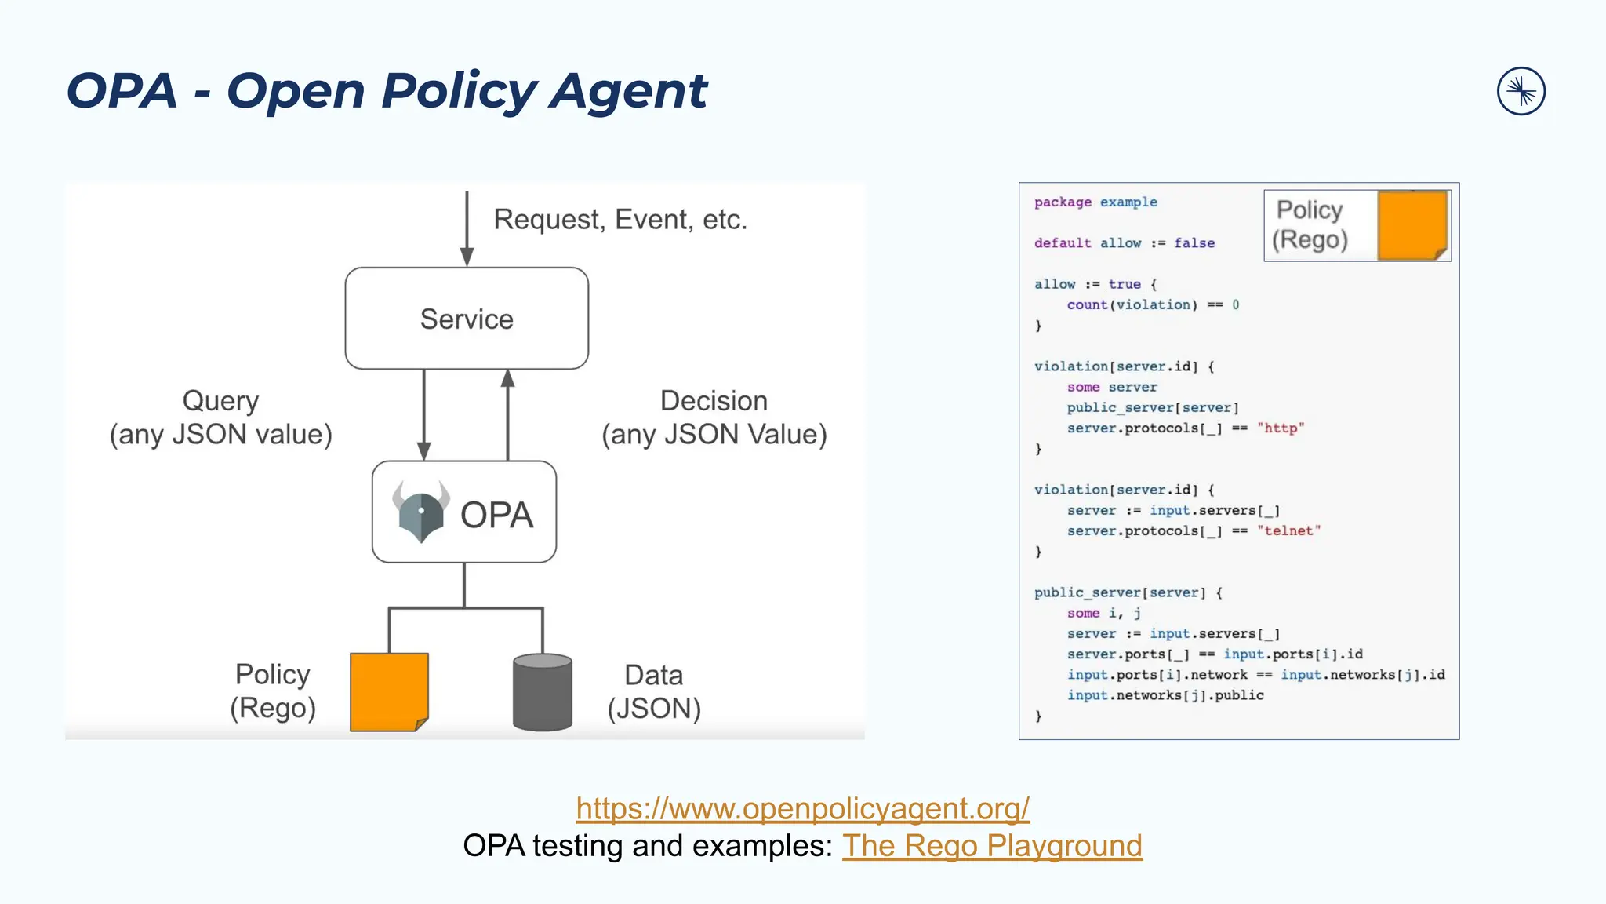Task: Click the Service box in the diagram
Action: click(x=467, y=319)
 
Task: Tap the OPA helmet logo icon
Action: click(x=421, y=512)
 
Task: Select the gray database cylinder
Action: click(x=542, y=692)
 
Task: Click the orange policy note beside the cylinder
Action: click(x=389, y=691)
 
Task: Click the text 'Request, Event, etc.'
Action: click(x=620, y=220)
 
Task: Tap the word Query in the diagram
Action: click(x=220, y=401)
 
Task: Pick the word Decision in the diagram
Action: click(x=714, y=401)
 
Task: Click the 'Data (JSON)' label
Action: click(x=654, y=691)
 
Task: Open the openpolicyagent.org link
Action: click(x=802, y=808)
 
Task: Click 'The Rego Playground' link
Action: click(x=992, y=846)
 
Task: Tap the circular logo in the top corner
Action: click(x=1521, y=92)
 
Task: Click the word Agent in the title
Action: click(x=628, y=90)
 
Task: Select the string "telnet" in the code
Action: click(x=1288, y=531)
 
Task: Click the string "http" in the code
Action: click(x=1280, y=428)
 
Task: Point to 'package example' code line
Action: click(x=1095, y=202)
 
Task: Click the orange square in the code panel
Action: click(x=1412, y=225)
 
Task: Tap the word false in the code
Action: click(x=1194, y=243)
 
